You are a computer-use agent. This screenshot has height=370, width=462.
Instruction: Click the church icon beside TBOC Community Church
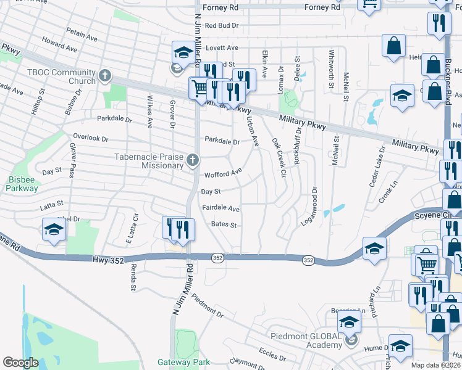105,76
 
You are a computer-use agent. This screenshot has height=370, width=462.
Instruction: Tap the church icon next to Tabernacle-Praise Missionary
193,161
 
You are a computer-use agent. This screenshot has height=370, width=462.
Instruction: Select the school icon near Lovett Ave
183,54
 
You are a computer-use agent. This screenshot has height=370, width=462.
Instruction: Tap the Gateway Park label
183,362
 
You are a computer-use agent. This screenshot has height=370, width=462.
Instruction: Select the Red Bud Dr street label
222,26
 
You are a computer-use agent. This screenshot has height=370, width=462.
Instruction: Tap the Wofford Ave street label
222,175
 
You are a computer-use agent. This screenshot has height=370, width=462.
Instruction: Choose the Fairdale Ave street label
220,209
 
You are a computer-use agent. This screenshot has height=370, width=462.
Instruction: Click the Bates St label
224,225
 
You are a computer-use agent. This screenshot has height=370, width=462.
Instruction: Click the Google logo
20,363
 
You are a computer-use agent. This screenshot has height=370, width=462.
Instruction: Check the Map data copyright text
436,365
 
